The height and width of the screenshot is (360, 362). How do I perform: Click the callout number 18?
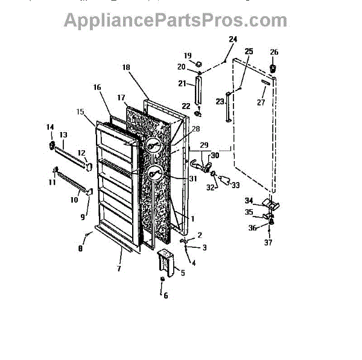[126, 68]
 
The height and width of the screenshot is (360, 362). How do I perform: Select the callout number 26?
[274, 52]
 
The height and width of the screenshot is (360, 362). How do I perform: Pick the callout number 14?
[50, 127]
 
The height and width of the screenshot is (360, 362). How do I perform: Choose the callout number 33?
[235, 185]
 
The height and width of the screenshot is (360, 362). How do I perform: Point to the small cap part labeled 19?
[197, 63]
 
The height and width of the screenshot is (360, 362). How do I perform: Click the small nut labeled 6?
[162, 282]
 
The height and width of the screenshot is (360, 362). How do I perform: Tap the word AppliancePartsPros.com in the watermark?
[167, 20]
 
